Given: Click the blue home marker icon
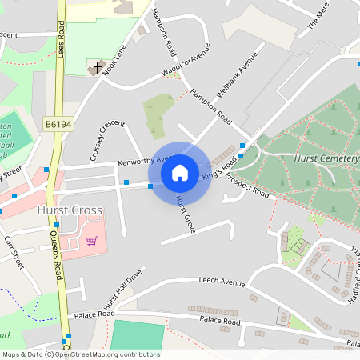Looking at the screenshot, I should click(x=180, y=172).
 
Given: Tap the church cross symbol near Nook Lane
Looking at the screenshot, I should click(x=99, y=68).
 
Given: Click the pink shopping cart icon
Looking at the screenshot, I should click(x=92, y=240).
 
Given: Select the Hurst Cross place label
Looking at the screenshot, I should click(x=70, y=210).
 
